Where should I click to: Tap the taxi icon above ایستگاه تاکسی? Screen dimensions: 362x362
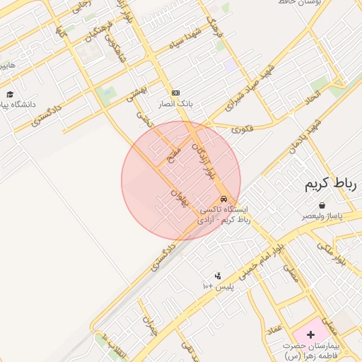tap(224, 199)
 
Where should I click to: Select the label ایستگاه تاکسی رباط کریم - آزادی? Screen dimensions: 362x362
tap(226, 215)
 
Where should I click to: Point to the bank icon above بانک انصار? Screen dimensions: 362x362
tap(175, 93)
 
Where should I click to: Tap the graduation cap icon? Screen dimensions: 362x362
tap(10, 94)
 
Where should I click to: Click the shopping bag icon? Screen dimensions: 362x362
tap(322, 205)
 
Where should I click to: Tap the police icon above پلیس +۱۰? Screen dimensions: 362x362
tap(217, 276)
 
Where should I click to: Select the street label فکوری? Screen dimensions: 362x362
tap(242, 129)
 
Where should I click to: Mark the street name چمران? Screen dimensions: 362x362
tap(149, 326)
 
